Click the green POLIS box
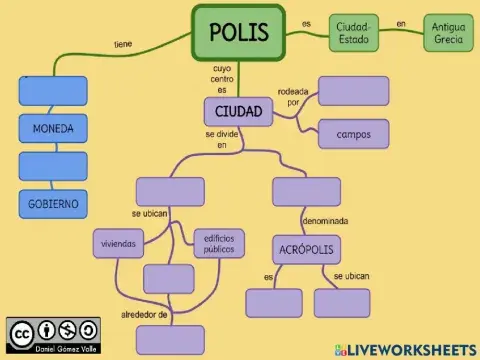(x=239, y=32)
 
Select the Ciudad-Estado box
(x=354, y=32)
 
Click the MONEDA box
(x=53, y=129)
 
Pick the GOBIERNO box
(x=53, y=203)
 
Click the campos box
(x=353, y=133)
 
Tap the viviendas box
(x=118, y=243)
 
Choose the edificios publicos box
(x=218, y=243)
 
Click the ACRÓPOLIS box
(x=305, y=248)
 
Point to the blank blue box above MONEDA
(x=53, y=91)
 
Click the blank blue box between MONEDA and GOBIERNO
(x=53, y=166)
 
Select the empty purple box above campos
(x=353, y=91)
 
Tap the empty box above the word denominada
(x=306, y=191)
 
